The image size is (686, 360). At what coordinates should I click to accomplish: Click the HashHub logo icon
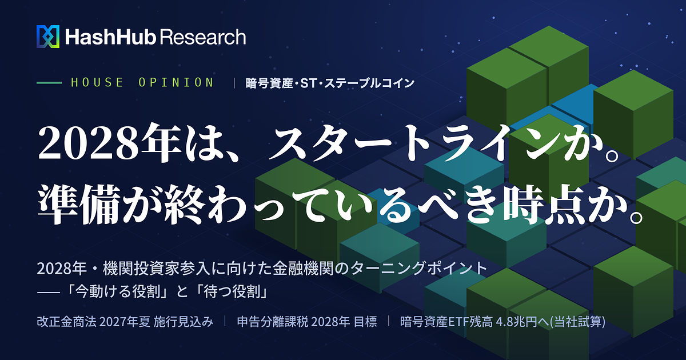click(48, 37)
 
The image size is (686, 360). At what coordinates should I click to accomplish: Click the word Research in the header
click(203, 37)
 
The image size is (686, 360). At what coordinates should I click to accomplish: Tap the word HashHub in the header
click(110, 37)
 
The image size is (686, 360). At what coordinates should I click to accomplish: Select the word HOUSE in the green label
click(97, 82)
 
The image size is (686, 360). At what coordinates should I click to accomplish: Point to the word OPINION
click(176, 82)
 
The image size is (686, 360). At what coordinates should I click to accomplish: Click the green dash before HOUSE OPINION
click(49, 83)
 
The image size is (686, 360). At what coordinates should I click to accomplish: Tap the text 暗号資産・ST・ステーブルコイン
click(330, 83)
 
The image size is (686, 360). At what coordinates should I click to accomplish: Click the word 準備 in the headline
click(79, 204)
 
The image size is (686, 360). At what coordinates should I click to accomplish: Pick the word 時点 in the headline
click(544, 204)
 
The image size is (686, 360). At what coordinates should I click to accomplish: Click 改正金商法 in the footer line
click(66, 322)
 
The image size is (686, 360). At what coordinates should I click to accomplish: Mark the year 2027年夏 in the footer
click(125, 322)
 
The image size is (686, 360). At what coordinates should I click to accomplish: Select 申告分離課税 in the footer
click(272, 322)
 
